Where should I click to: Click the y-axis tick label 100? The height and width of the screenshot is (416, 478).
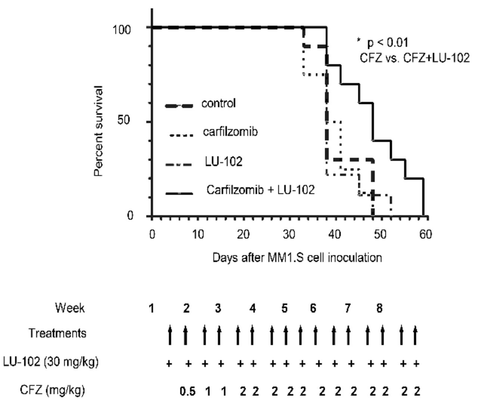click(122, 29)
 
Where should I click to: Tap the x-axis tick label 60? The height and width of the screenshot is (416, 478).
click(426, 235)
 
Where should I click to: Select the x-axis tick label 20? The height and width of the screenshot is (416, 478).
click(243, 235)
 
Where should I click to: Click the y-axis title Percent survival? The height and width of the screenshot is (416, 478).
click(98, 131)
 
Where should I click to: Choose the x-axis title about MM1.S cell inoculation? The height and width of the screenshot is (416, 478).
click(297, 258)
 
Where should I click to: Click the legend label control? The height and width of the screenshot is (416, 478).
click(218, 103)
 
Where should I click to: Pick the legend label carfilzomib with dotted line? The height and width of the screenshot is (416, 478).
click(230, 132)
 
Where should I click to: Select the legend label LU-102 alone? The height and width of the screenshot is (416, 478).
click(223, 162)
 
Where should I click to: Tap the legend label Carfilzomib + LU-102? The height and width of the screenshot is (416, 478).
click(261, 190)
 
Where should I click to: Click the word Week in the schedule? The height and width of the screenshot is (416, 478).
click(69, 308)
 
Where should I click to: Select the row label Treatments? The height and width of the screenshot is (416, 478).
click(58, 333)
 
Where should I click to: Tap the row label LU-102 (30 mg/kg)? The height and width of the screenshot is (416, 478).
click(51, 362)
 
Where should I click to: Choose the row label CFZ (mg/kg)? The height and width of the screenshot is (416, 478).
click(52, 390)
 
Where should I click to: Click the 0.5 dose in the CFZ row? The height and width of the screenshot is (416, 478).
click(187, 392)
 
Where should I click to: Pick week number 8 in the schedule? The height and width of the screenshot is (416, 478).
click(379, 309)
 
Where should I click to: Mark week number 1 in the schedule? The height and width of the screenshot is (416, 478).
click(151, 309)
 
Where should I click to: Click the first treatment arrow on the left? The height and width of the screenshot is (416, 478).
click(170, 334)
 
